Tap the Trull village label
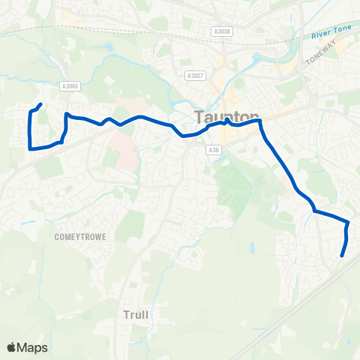[x=136, y=315]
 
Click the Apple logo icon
[x=13, y=347]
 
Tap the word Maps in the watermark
[x=33, y=347]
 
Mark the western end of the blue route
[x=40, y=104]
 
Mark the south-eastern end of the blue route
[x=342, y=256]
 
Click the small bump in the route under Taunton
[x=226, y=119]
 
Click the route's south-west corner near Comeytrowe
[x=30, y=148]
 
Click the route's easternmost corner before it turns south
[x=348, y=223]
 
